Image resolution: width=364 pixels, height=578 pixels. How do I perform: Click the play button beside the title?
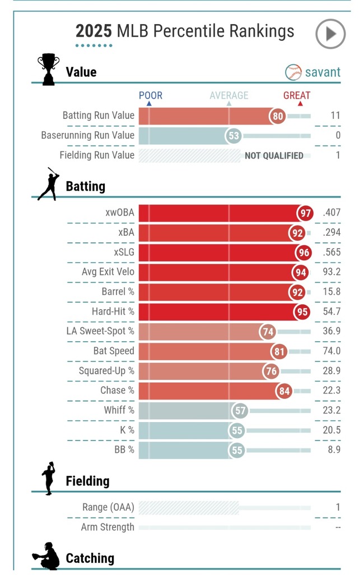tap(330, 34)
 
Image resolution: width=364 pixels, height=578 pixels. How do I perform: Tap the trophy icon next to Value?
tap(48, 69)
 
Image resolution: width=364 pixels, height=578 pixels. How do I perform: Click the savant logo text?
tap(322, 72)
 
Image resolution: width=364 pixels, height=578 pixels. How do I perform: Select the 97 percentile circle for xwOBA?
tap(305, 213)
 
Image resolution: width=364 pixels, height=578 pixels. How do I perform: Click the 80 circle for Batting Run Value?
tap(277, 116)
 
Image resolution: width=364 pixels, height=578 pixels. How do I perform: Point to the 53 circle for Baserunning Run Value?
tap(234, 136)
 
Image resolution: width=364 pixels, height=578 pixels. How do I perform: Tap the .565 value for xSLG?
tap(332, 253)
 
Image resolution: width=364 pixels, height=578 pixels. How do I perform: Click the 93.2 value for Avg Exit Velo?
tap(331, 272)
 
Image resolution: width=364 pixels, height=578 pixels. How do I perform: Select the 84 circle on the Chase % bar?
tap(284, 391)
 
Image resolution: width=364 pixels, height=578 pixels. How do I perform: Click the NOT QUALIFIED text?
tap(274, 156)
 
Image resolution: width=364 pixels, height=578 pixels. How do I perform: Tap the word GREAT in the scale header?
tap(297, 95)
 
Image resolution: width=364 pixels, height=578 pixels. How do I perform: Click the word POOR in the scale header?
tap(151, 95)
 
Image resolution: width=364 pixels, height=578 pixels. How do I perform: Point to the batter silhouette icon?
tap(49, 184)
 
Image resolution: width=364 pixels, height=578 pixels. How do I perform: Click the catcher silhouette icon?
tap(46, 556)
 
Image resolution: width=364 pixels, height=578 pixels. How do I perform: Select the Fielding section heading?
tap(87, 481)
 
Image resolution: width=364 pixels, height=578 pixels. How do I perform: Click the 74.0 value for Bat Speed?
tap(332, 351)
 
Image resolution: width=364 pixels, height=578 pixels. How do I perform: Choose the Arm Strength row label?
tap(108, 527)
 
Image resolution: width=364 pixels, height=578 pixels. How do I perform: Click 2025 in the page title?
tap(94, 31)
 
